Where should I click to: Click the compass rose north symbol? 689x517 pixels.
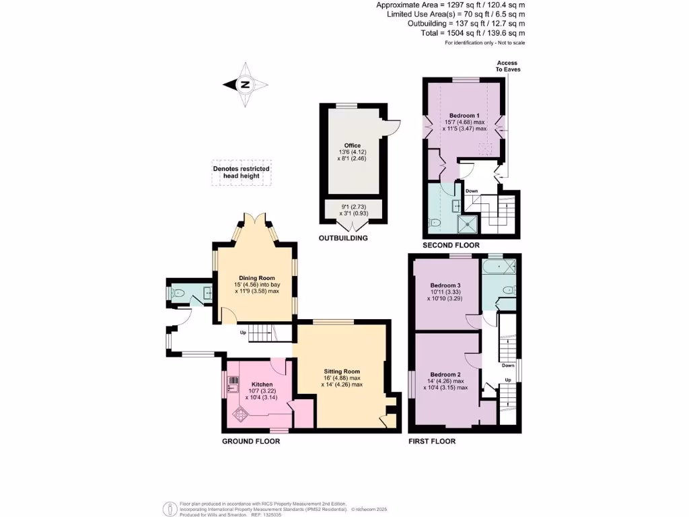click(x=246, y=84)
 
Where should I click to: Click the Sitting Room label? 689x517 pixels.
click(x=342, y=372)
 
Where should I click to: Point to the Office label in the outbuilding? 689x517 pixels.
click(x=353, y=145)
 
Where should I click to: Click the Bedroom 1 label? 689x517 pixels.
click(x=464, y=115)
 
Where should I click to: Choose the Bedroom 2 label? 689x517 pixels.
click(x=445, y=374)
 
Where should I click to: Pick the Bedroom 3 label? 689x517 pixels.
click(x=445, y=285)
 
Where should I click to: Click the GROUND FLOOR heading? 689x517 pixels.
click(x=251, y=442)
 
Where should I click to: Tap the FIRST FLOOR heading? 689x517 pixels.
click(x=432, y=442)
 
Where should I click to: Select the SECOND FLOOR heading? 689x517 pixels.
click(x=451, y=246)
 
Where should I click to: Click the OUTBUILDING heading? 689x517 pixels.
click(x=343, y=238)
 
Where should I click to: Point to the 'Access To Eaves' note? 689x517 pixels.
click(x=508, y=66)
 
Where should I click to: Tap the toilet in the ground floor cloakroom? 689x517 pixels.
click(x=178, y=294)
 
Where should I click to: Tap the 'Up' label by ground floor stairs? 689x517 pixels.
click(x=244, y=333)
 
